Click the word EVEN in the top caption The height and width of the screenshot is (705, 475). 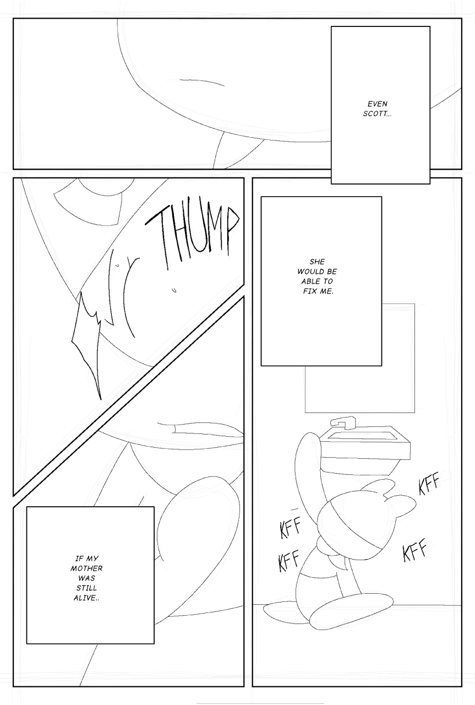[378, 104]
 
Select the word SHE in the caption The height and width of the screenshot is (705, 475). [317, 261]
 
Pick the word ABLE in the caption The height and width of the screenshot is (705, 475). [308, 281]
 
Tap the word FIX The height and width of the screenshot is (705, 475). [309, 291]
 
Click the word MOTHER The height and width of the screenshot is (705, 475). [86, 568]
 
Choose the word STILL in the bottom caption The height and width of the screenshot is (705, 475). [86, 588]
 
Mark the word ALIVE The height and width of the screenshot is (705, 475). [85, 598]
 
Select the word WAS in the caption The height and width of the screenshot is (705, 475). [86, 578]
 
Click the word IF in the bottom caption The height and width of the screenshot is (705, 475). [78, 558]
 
